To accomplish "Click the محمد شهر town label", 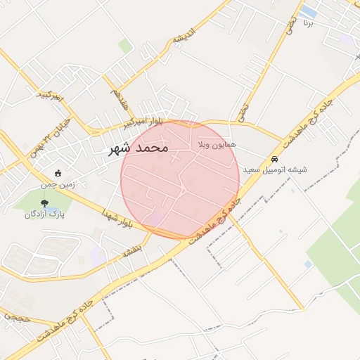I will coord(139,148).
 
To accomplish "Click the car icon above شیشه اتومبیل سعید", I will coord(274,160).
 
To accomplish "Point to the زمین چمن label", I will coord(58,184).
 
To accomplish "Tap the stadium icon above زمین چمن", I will coord(58,174).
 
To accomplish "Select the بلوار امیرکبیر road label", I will coord(143,123).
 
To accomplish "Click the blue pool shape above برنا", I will coord(308,11).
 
